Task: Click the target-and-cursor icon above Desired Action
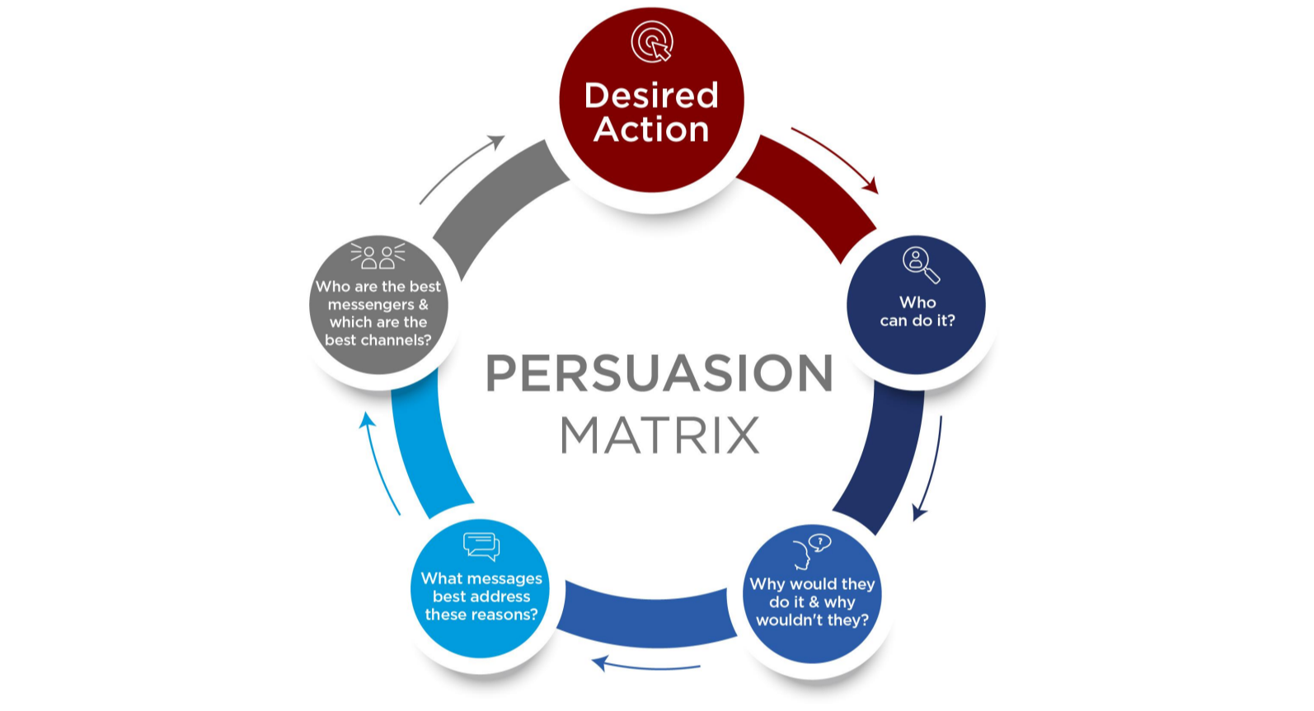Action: tap(652, 41)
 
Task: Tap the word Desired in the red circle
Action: tap(651, 96)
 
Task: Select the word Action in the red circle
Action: tap(651, 130)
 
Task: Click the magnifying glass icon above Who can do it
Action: tap(920, 264)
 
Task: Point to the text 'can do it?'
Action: tap(917, 320)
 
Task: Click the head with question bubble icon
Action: tap(810, 550)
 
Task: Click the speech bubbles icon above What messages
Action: tap(481, 545)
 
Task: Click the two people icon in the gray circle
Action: tap(378, 256)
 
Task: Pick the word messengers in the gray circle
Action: tap(371, 305)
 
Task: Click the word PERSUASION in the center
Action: tap(659, 373)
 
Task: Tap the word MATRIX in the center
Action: tap(659, 435)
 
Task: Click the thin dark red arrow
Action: tap(834, 158)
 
